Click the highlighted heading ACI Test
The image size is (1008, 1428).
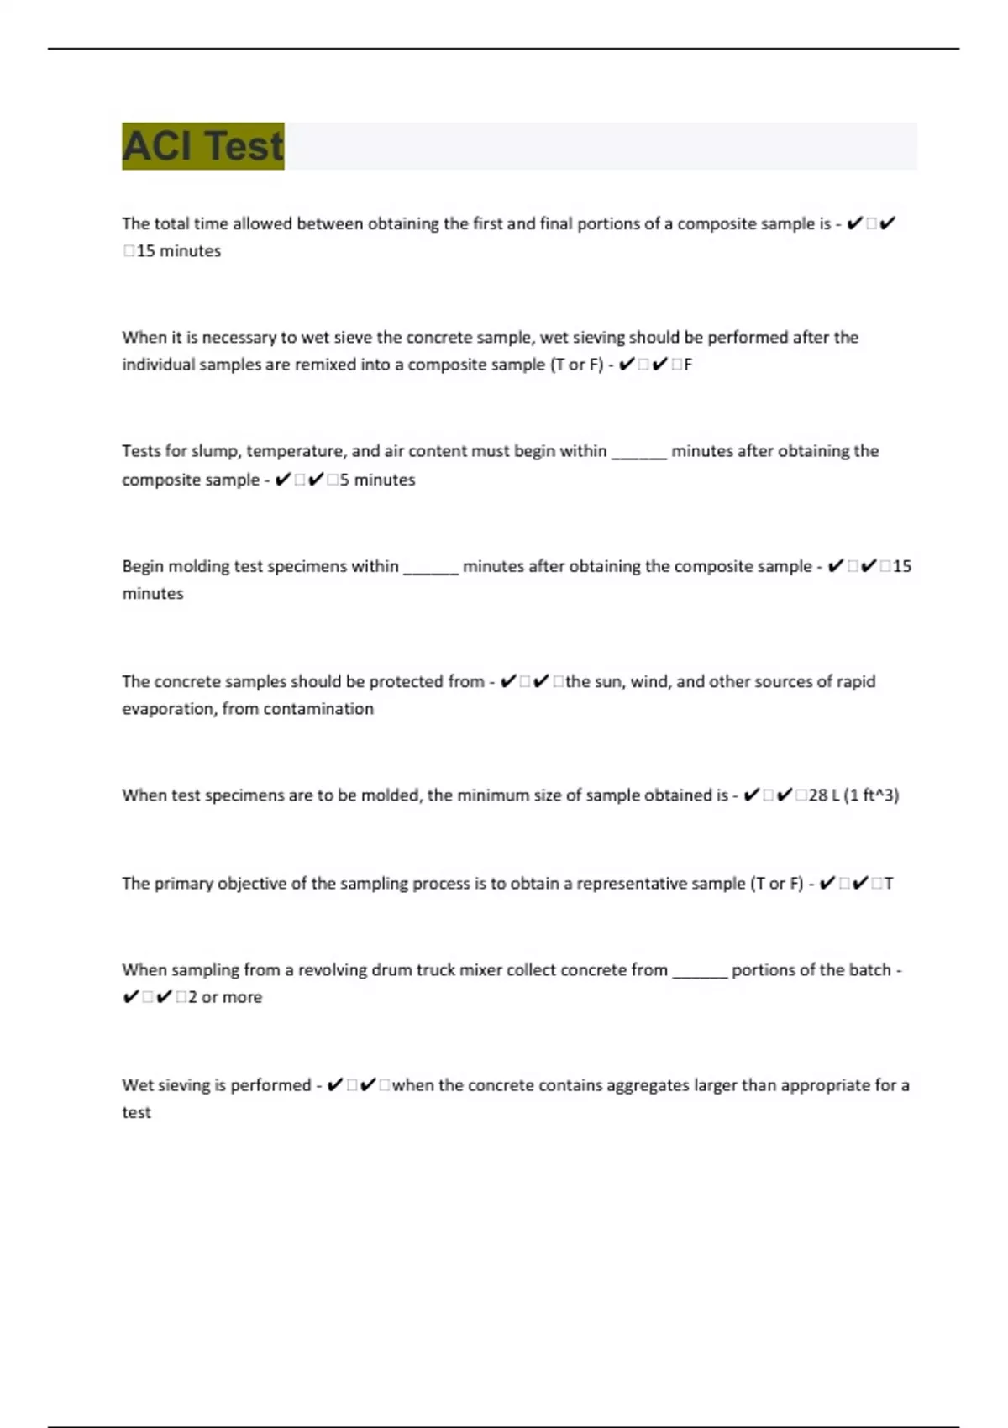[203, 146]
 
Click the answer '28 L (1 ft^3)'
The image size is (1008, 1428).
[853, 795]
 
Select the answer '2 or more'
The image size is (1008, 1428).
[225, 997]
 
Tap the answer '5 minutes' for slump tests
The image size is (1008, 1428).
[377, 480]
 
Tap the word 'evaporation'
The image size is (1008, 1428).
[168, 709]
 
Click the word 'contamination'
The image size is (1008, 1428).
[318, 709]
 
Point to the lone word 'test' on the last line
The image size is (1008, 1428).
[136, 1112]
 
